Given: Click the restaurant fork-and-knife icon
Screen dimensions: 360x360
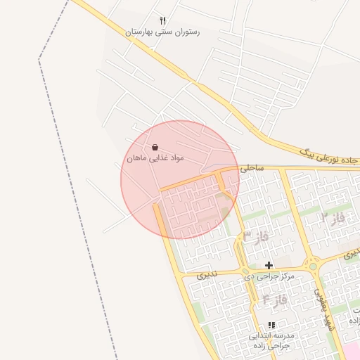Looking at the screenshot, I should tap(163, 21).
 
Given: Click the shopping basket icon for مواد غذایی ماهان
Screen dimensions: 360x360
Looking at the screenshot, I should tap(155, 147).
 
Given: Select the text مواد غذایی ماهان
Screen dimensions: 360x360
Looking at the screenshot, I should tap(155, 159).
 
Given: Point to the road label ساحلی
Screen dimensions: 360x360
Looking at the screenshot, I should tap(251, 169).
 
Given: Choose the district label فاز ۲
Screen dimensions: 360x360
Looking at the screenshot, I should tap(333, 218).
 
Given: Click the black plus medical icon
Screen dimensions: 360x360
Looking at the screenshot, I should tap(269, 265).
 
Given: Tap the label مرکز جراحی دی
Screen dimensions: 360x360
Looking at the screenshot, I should tap(269, 276).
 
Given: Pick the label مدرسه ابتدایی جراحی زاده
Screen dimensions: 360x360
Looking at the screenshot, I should tap(271, 341).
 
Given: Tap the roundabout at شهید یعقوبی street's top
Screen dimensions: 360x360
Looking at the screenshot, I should tap(313, 266).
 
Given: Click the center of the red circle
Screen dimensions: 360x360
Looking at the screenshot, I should tap(180, 179).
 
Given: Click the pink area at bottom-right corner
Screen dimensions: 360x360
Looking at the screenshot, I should tap(352, 352).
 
